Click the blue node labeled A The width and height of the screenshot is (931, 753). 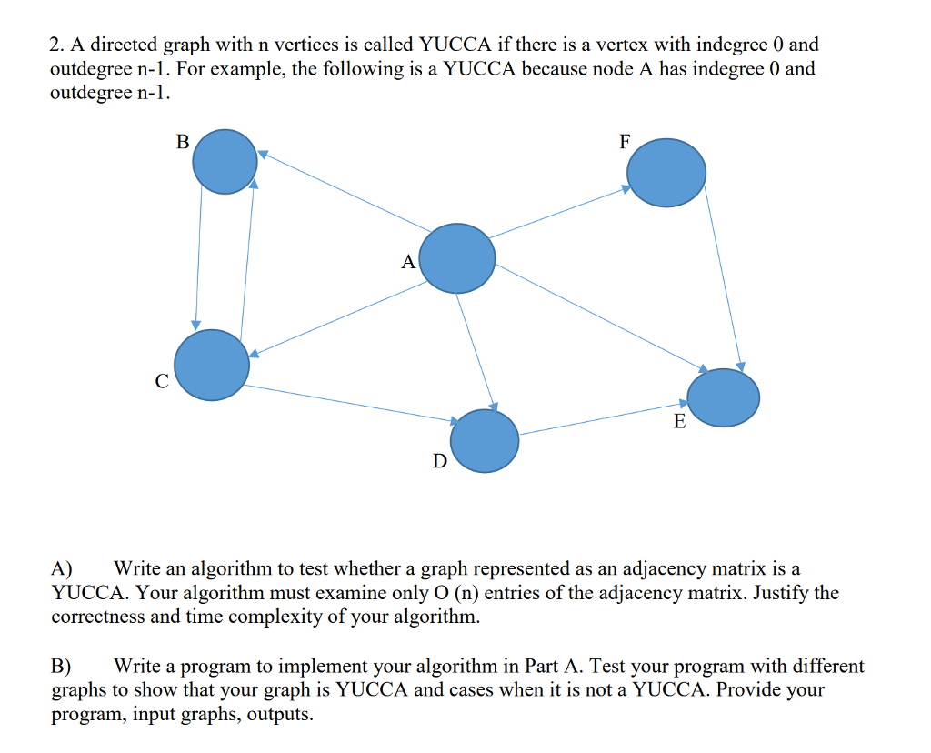pos(457,258)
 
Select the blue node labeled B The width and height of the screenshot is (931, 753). pos(225,161)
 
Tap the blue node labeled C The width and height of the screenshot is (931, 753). pos(212,365)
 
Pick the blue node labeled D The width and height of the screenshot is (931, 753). pos(485,441)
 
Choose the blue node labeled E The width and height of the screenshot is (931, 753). pos(724,397)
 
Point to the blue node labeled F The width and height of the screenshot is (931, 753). pos(666,173)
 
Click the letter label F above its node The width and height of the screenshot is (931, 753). pos(624,142)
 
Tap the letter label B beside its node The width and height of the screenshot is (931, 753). pos(183,142)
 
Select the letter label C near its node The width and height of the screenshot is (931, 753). pos(161,383)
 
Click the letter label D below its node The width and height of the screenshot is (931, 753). pos(440,462)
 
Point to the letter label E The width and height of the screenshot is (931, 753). pos(678,421)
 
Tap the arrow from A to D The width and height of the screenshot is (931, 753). pos(476,351)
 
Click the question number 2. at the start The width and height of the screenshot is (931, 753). pos(57,44)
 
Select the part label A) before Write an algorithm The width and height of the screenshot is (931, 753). pos(62,569)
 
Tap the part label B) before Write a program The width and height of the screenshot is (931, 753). pos(62,666)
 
